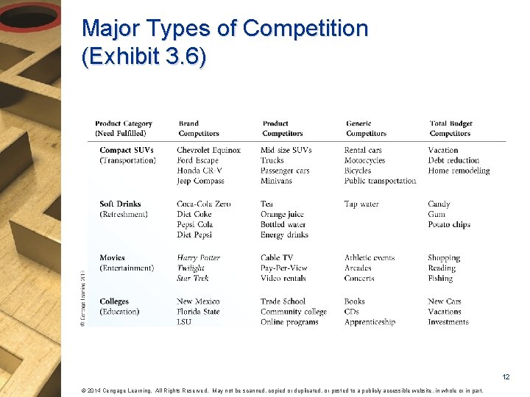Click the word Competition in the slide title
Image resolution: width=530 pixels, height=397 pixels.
(305, 29)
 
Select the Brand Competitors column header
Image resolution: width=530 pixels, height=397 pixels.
(198, 129)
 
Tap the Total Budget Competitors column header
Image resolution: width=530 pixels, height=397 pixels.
(451, 129)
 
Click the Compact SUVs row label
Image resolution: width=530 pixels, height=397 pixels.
(127, 150)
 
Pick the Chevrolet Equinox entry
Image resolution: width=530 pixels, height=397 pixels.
(208, 150)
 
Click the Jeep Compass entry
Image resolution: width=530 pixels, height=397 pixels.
(200, 181)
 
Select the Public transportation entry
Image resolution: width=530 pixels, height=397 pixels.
(380, 181)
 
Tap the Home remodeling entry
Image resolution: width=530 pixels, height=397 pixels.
(459, 171)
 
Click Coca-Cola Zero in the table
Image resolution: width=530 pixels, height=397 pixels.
(203, 204)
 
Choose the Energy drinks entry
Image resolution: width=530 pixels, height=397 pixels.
(284, 235)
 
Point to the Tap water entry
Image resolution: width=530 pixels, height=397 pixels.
(361, 204)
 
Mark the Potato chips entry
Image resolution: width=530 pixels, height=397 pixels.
(449, 224)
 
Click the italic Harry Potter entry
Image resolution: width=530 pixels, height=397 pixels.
(198, 258)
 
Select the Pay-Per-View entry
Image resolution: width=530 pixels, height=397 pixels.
(283, 268)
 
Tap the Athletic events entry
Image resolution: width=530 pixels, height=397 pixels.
(370, 258)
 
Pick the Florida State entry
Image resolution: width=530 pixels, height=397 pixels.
(198, 312)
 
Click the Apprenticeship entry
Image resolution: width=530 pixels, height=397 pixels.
(370, 322)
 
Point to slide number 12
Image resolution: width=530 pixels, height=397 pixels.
(506, 377)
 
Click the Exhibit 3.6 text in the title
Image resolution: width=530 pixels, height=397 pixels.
(144, 57)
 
